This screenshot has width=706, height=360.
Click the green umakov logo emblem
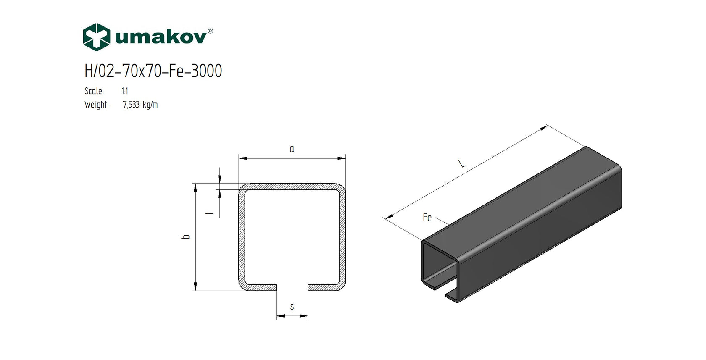(x=96, y=37)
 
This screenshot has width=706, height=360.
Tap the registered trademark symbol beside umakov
(x=210, y=31)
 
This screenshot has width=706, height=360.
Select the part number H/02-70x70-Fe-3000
(x=153, y=71)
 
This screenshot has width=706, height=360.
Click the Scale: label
(x=94, y=91)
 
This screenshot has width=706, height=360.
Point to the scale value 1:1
(x=125, y=91)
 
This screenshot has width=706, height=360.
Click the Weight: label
(x=96, y=105)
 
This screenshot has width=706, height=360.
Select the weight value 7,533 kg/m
(x=140, y=105)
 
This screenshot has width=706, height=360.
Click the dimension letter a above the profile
(x=292, y=149)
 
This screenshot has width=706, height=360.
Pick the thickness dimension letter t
(x=210, y=213)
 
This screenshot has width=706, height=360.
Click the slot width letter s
(x=292, y=307)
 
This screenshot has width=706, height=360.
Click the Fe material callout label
(x=427, y=217)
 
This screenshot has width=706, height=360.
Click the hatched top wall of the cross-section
(x=292, y=187)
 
